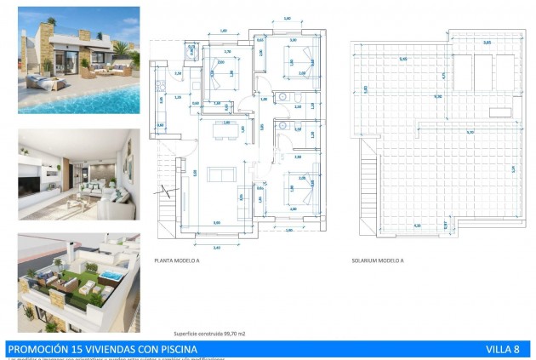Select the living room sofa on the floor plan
tap(222, 174)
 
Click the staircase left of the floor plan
tap(167, 191)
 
